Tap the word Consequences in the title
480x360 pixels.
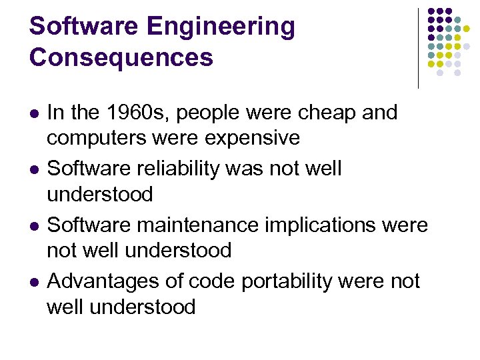pos(121,58)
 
